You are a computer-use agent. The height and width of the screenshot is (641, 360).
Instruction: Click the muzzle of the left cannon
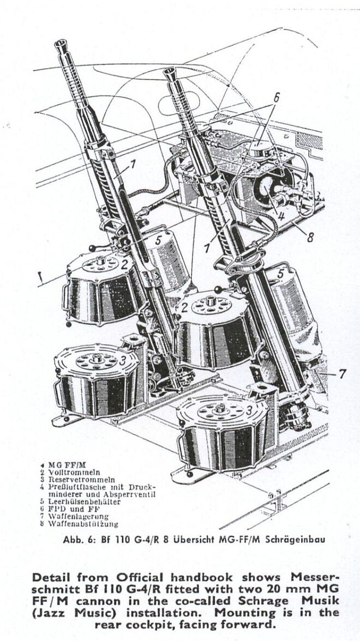pos(62,47)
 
